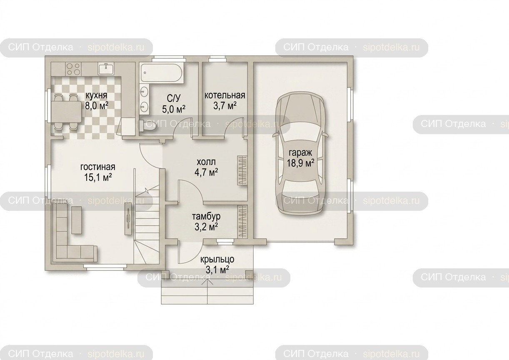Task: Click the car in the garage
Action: pos(300,154)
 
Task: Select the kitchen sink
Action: pos(106,69)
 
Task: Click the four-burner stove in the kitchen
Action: pos(73,69)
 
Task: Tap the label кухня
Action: pos(96,95)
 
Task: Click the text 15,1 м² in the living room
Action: pos(98,177)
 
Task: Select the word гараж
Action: pos(300,153)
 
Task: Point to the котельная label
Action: pos(225,95)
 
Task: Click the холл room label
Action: pos(206,162)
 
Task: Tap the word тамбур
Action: pos(206,217)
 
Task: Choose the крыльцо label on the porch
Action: pos(217,259)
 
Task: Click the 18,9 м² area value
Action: pos(300,163)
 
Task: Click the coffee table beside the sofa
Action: pos(77,220)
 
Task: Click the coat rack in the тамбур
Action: pos(242,221)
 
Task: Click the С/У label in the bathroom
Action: pos(174,98)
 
